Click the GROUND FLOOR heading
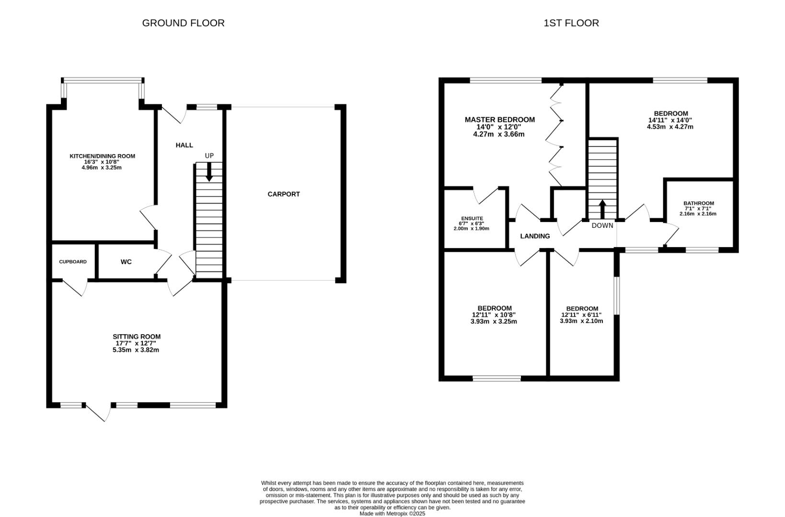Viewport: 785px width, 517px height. coord(183,23)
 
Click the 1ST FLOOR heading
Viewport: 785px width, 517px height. coord(571,23)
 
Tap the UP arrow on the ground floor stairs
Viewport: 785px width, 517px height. coord(209,172)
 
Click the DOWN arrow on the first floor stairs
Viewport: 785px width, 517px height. coord(602,209)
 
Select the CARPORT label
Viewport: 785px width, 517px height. coord(284,194)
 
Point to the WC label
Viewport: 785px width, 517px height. coord(126,262)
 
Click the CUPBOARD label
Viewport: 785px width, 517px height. coord(73,262)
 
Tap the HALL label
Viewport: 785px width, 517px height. coord(184,145)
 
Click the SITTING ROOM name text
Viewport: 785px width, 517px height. coord(137,337)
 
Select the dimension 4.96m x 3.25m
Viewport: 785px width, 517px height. coord(102,168)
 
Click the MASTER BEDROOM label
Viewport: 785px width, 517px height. coord(499,120)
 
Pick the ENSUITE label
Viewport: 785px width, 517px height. coord(472,218)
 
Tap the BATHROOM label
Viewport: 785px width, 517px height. coord(698,203)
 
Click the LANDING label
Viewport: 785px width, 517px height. coord(535,236)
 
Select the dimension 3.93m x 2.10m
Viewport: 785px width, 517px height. coord(581,321)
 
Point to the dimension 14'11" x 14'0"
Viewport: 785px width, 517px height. coord(670,120)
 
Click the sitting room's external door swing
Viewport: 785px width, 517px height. coord(98,411)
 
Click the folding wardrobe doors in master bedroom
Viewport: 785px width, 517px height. coord(556,134)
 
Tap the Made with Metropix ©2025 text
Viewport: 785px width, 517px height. coord(392,514)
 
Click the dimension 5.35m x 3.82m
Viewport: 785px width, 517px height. coord(136,350)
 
